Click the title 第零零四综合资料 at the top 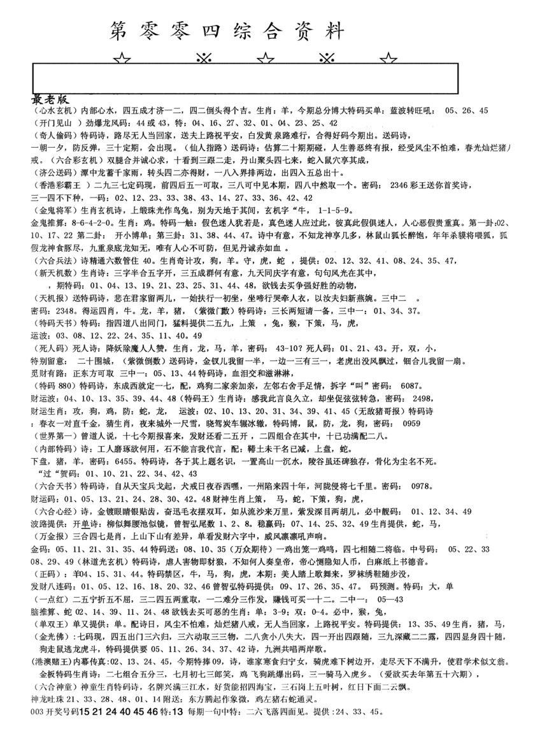pos(227,30)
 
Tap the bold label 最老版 pos(51,100)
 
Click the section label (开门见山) pos(53,122)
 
